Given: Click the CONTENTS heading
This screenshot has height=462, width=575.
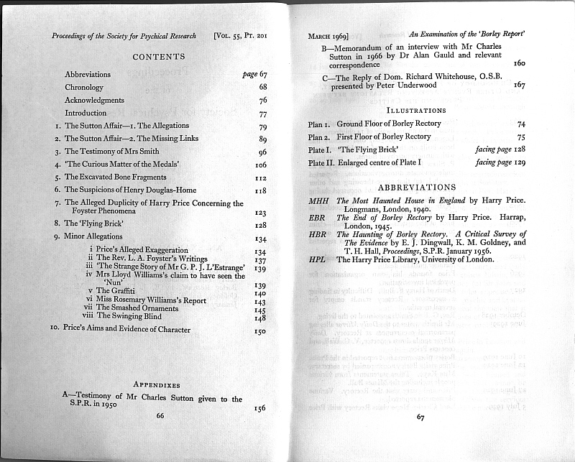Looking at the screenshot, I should pyautogui.click(x=159, y=57).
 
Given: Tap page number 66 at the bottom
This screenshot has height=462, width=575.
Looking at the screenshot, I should pyautogui.click(x=160, y=415).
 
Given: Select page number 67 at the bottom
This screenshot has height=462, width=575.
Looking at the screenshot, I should pyautogui.click(x=421, y=417).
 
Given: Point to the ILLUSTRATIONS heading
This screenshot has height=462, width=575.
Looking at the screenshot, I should pyautogui.click(x=416, y=111).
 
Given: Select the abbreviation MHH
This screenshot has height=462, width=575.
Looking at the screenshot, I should pyautogui.click(x=318, y=200).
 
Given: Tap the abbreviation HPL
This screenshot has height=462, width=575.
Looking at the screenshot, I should pyautogui.click(x=318, y=259).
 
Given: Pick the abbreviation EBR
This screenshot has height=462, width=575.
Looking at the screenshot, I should pyautogui.click(x=318, y=218).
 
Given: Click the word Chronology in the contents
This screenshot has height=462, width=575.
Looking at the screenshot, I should pyautogui.click(x=84, y=88).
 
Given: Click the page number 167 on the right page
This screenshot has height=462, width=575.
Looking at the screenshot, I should pyautogui.click(x=520, y=86).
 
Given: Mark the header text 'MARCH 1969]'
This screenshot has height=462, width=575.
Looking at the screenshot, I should pyautogui.click(x=328, y=35).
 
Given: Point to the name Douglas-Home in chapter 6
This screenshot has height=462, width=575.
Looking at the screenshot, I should pyautogui.click(x=168, y=190).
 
